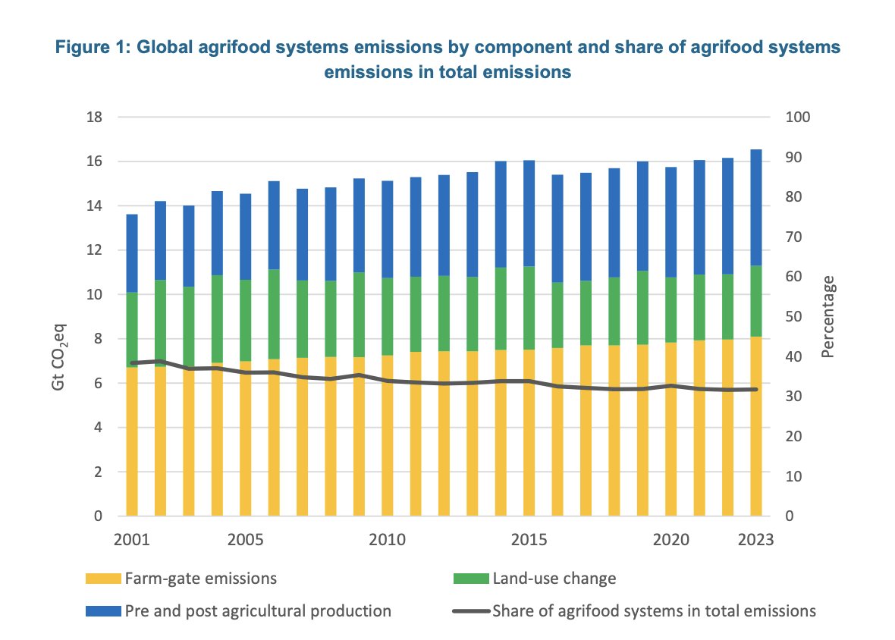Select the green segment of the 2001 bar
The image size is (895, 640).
(x=132, y=329)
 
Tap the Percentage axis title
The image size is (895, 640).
(x=828, y=316)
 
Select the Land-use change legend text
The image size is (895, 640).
(x=554, y=579)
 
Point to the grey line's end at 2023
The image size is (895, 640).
(x=756, y=389)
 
